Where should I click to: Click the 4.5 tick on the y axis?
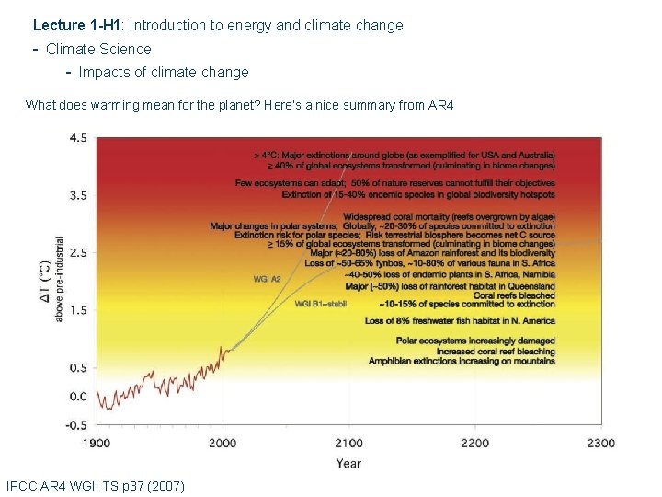coord(78,138)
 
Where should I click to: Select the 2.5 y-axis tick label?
coord(78,252)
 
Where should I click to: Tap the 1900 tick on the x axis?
coord(97,444)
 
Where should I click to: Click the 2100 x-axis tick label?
coord(348,444)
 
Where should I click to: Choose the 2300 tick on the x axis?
coord(601,444)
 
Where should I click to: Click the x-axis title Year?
coord(348,464)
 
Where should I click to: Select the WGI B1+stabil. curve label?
coord(322,304)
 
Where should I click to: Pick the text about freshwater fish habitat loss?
coord(460,321)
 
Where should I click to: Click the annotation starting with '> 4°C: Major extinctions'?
coord(405,155)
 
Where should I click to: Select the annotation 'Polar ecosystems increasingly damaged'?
coord(475,341)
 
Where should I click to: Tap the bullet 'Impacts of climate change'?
coord(164,72)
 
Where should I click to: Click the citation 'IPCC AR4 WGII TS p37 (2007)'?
coord(95,485)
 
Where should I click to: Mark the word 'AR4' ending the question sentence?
coord(441,105)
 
